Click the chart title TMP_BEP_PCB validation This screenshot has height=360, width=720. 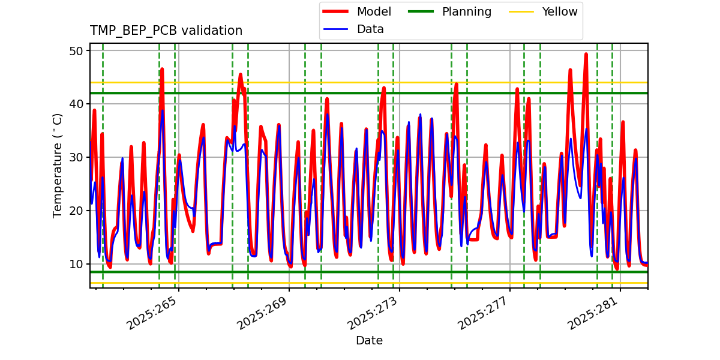click(166, 31)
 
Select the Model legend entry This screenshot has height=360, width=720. click(374, 11)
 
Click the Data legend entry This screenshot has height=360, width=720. click(370, 29)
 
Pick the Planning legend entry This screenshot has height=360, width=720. click(466, 11)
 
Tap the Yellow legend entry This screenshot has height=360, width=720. click(559, 11)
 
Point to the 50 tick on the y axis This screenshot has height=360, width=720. click(76, 50)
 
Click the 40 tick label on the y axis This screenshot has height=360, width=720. click(76, 104)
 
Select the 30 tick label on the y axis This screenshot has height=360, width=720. click(76, 157)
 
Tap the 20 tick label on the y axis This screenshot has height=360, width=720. click(76, 211)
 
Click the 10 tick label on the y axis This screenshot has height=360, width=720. click(76, 264)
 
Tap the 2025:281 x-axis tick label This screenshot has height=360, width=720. click(594, 314)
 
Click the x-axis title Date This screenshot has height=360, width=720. click(369, 341)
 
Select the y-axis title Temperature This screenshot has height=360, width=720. click(58, 165)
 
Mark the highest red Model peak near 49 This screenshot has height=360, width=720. click(586, 54)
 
